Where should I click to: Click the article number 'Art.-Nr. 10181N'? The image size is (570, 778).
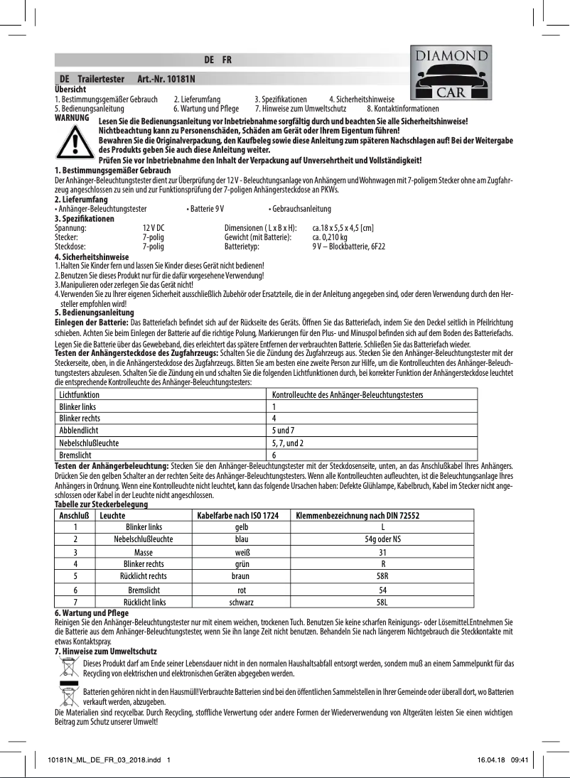pyautogui.click(x=166, y=79)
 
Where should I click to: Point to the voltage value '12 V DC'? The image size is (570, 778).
pyautogui.click(x=154, y=227)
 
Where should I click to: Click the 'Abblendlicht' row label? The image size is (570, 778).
pyautogui.click(x=79, y=431)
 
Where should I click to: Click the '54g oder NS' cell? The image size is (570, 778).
pyautogui.click(x=382, y=539)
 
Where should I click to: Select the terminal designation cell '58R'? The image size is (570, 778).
pyautogui.click(x=382, y=576)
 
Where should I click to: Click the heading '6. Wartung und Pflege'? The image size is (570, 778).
pyautogui.click(x=92, y=612)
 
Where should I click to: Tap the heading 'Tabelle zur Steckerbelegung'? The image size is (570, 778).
pyautogui.click(x=101, y=504)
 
